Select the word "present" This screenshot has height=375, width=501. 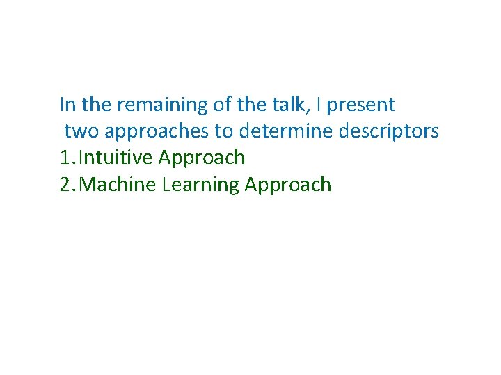tap(360, 105)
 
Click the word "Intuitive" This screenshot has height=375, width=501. tap(116, 158)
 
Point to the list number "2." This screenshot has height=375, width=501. tap(68, 184)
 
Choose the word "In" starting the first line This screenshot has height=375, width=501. tap(67, 105)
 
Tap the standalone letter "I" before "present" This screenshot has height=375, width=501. tap(318, 105)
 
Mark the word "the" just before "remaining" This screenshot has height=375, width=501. tap(97, 105)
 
